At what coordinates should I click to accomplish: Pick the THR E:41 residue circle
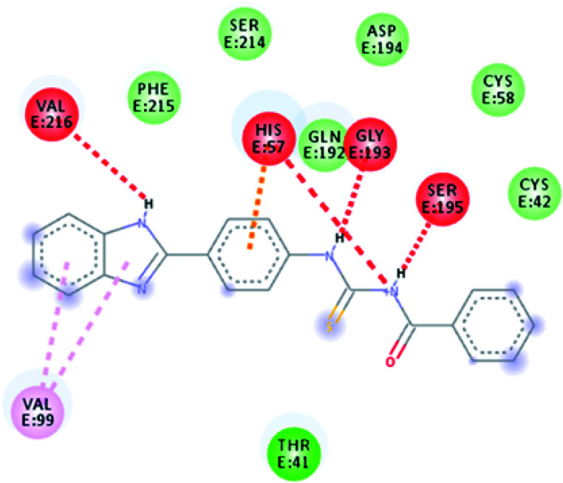pos(290,452)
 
